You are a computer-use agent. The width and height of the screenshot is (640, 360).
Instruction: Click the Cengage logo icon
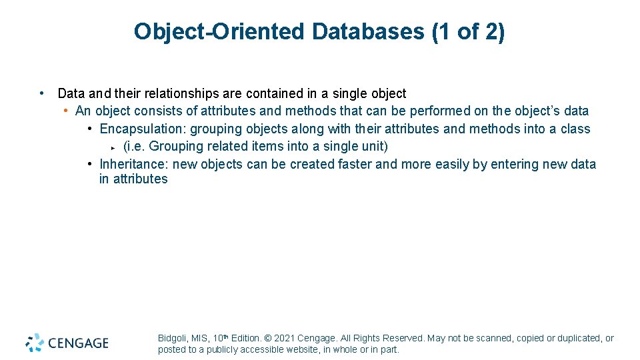[x=35, y=343]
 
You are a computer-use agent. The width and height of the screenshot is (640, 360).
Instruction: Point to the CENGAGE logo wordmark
[x=77, y=343]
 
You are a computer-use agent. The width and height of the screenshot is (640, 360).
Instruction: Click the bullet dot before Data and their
[x=42, y=93]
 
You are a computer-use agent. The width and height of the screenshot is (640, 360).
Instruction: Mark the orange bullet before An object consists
[x=67, y=111]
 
